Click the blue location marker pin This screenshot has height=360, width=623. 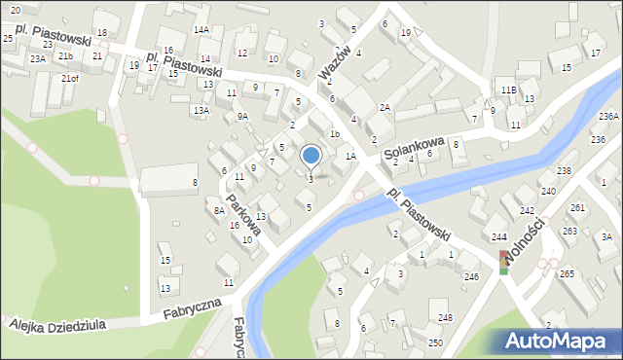(311, 156)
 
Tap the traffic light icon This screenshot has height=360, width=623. (503, 262)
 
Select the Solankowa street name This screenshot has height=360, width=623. (413, 148)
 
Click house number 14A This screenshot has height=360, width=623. (201, 30)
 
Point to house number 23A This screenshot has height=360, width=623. (37, 59)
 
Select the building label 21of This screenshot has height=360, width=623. (69, 78)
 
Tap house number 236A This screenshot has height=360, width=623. (608, 117)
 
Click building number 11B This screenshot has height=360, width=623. (508, 90)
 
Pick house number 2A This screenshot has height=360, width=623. (385, 108)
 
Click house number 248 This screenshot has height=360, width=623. (445, 318)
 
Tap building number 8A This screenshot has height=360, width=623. (220, 210)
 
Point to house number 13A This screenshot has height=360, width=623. (201, 111)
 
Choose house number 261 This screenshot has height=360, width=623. (576, 208)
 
